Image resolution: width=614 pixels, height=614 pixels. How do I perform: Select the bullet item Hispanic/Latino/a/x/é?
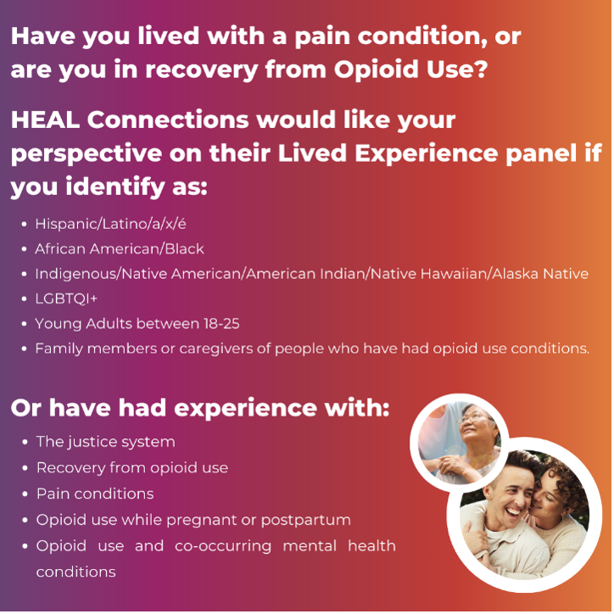110,225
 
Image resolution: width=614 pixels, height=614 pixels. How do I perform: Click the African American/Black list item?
120,249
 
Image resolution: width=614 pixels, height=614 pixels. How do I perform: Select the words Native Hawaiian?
433,274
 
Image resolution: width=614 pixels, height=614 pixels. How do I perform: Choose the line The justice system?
105,442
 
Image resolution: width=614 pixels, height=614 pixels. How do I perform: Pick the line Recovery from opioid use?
131,467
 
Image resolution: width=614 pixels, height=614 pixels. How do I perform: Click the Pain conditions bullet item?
95,494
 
